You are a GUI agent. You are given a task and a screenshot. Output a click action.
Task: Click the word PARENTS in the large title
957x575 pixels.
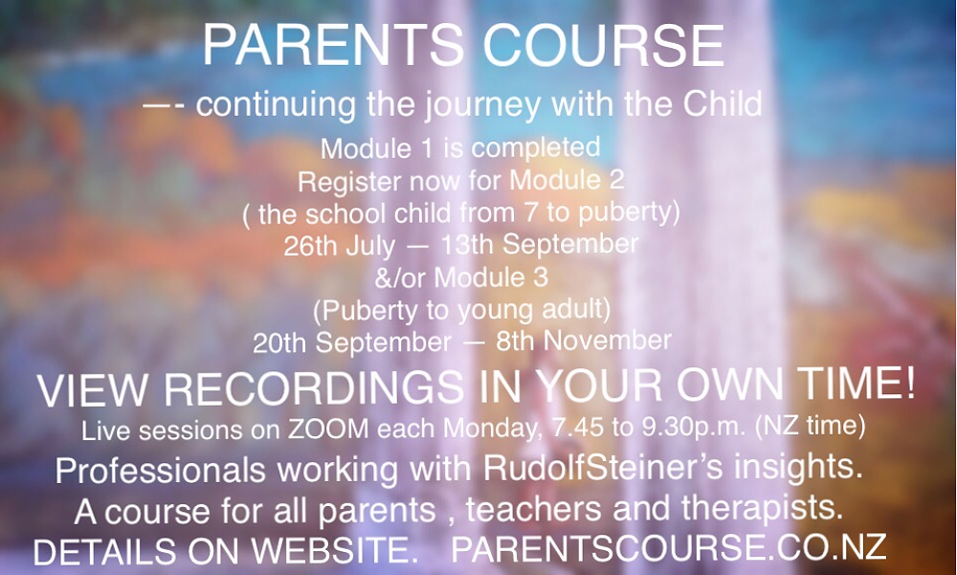[x=333, y=46]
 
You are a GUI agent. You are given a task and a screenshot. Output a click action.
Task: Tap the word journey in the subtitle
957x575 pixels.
[x=482, y=105]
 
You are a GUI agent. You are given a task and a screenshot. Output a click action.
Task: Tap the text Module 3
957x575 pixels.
[x=491, y=277]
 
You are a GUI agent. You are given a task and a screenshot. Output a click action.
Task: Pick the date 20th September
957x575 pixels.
[x=352, y=343]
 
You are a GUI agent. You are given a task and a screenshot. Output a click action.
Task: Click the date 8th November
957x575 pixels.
[x=584, y=341]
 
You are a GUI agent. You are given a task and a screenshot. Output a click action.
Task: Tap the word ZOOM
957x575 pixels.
[x=328, y=430]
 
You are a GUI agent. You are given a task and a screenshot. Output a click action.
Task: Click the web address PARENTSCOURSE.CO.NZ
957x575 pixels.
[x=668, y=547]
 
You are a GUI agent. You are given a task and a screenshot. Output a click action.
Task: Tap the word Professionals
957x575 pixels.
[x=161, y=472]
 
